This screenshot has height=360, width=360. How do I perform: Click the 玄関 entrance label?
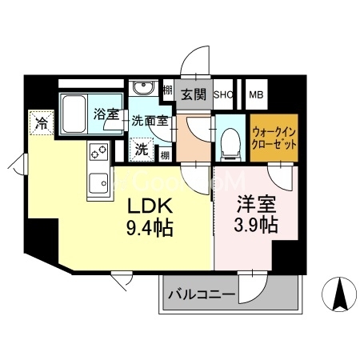click(x=192, y=94)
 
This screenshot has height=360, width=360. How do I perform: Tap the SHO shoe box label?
click(x=222, y=94)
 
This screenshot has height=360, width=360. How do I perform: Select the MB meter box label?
click(x=257, y=94)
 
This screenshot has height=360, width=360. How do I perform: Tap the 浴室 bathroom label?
click(x=106, y=114)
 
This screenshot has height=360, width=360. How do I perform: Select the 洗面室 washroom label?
click(x=150, y=122)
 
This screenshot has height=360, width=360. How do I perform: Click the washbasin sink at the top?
click(x=144, y=88)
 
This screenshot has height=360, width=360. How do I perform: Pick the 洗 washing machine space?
click(x=141, y=148)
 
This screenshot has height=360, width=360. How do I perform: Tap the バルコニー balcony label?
click(x=202, y=295)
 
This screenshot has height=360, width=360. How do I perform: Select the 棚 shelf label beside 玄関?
click(x=168, y=90)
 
